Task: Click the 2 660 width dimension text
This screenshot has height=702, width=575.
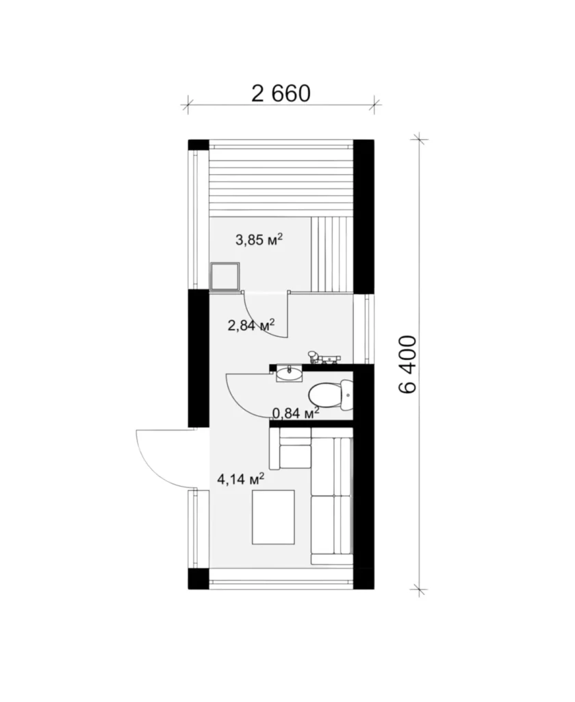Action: point(281,93)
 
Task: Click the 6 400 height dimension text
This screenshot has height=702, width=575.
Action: point(407,364)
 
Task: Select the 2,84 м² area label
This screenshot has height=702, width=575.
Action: point(251,325)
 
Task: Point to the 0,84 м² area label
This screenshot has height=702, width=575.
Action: point(296,412)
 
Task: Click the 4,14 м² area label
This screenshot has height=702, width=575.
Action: point(240,479)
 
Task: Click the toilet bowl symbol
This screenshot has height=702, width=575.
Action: point(331,395)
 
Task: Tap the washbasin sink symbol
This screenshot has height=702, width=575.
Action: point(290,373)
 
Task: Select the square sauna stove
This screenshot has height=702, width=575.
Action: point(225,277)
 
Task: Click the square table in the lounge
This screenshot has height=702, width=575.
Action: point(273,517)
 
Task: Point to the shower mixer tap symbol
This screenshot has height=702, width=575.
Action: point(324,358)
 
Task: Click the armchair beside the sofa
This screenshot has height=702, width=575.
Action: point(290,448)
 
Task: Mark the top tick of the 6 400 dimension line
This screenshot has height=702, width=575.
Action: point(418,139)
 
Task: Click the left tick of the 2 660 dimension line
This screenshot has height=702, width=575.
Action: point(188,105)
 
